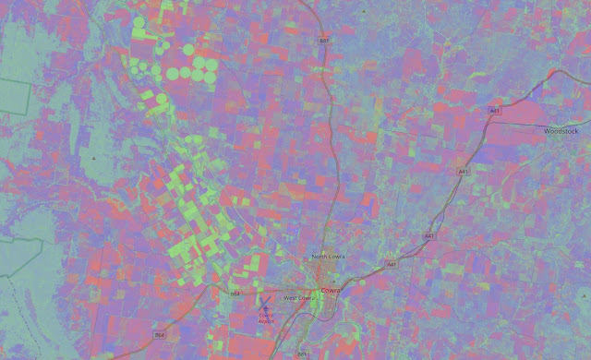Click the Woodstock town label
(561, 131)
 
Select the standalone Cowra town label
(331, 291)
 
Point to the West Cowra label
(300, 298)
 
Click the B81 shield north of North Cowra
(324, 42)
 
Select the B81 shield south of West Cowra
(301, 354)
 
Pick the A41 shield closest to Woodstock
(495, 111)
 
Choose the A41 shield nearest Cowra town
(391, 264)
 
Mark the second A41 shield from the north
(463, 172)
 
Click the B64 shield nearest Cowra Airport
(235, 294)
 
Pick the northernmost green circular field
(140, 22)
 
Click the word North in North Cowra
(320, 257)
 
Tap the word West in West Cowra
(290, 298)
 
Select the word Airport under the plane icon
(266, 319)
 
